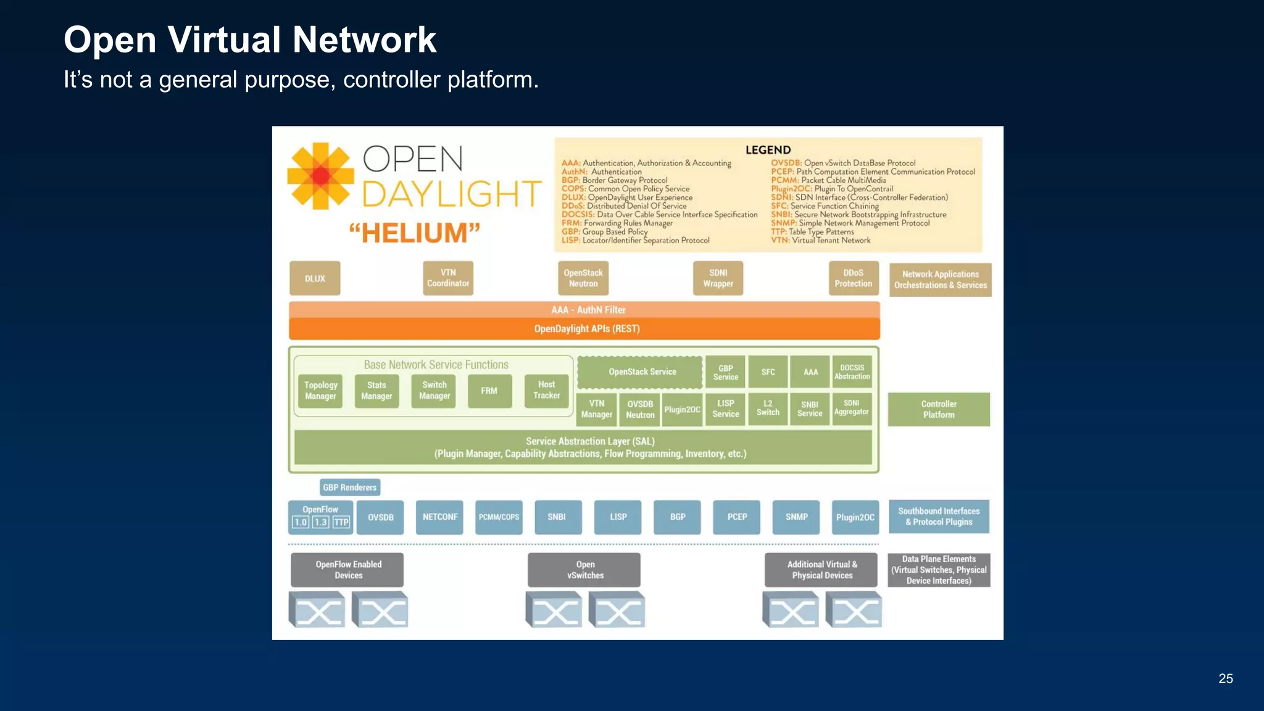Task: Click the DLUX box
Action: (315, 278)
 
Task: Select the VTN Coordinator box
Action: (448, 278)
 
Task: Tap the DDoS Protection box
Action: (853, 278)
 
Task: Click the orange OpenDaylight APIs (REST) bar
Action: (584, 329)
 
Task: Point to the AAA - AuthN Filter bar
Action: (584, 310)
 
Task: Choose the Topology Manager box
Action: (320, 391)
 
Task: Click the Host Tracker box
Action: (546, 391)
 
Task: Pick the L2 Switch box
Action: (768, 409)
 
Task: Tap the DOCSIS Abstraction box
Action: (852, 372)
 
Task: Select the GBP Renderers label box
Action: (350, 488)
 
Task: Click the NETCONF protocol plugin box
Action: (439, 517)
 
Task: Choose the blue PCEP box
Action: (737, 517)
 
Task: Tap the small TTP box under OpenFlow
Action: (341, 523)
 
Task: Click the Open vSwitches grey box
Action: (584, 570)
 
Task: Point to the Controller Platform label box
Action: (938, 409)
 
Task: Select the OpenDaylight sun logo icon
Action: (320, 177)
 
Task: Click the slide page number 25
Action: (1225, 679)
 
